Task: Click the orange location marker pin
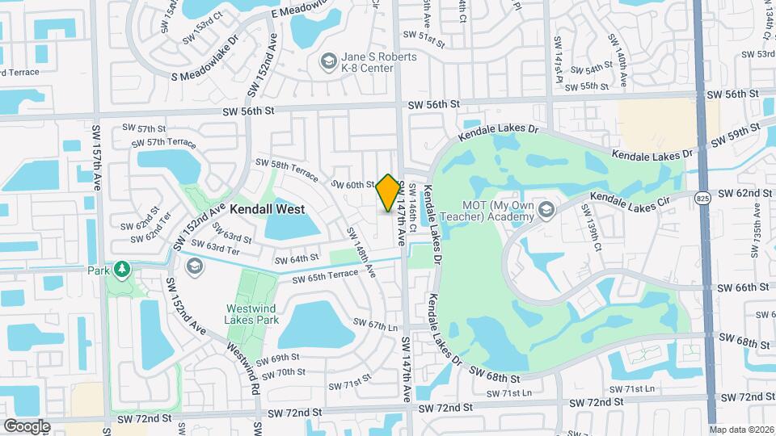point(388,193)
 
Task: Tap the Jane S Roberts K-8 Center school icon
point(328,61)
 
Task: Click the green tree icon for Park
point(122,267)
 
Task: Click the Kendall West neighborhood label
point(267,209)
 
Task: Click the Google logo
point(27,426)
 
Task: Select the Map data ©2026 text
point(741,430)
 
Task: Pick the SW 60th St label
point(355,185)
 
